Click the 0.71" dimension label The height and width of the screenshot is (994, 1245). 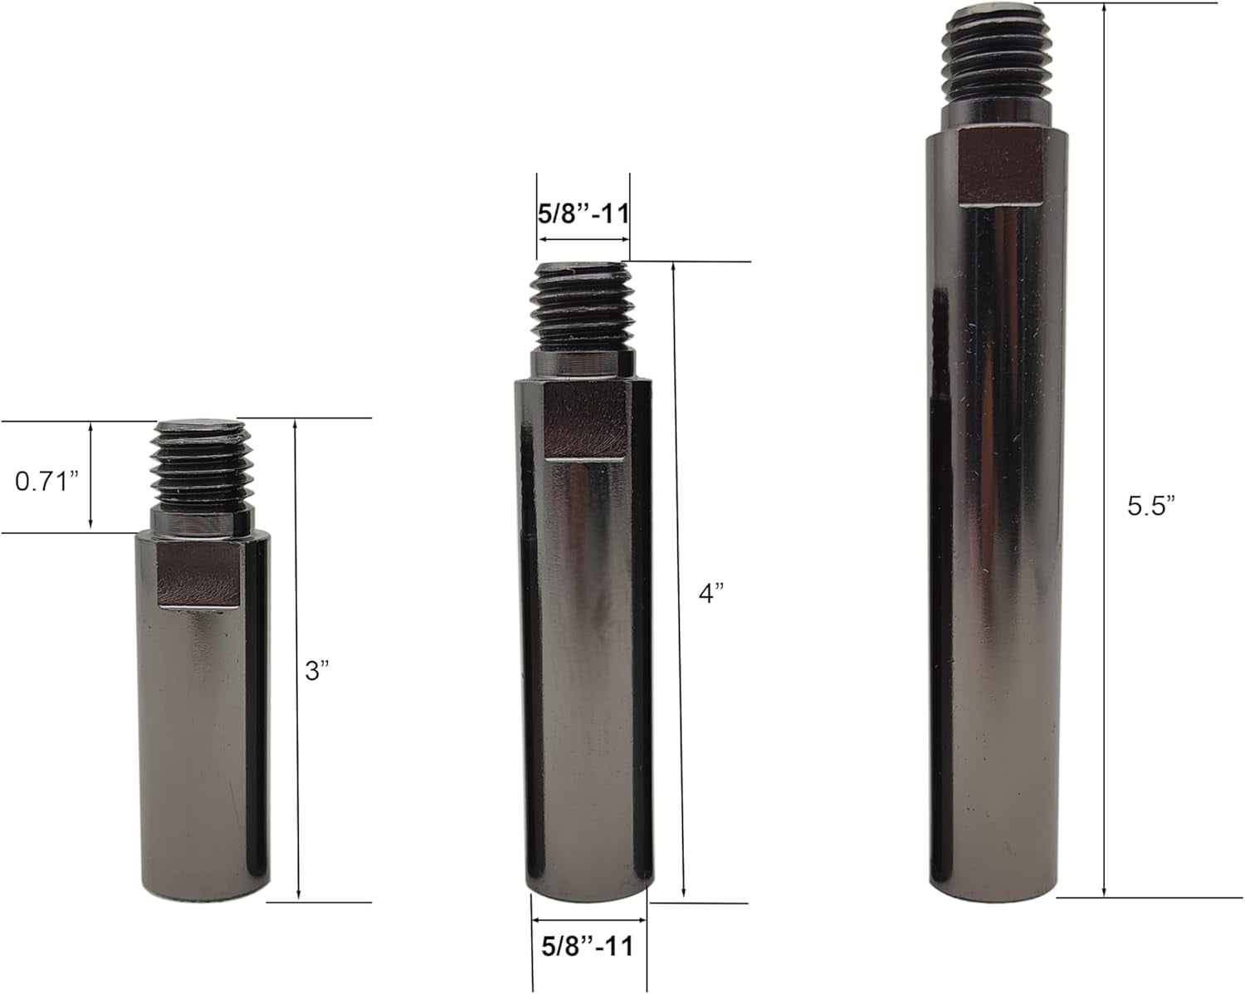pyautogui.click(x=46, y=481)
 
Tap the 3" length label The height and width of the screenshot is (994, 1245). pyautogui.click(x=316, y=671)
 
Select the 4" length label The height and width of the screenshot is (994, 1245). pyautogui.click(x=710, y=594)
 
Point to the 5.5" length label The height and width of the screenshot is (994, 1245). pyautogui.click(x=1151, y=507)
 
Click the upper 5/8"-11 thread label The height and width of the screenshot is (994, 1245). pyautogui.click(x=583, y=213)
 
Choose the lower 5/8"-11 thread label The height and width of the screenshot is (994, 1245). pyautogui.click(x=587, y=946)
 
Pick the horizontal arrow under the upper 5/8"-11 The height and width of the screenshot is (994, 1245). pyautogui.click(x=583, y=238)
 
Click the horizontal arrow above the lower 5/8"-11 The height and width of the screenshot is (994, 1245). pyautogui.click(x=588, y=920)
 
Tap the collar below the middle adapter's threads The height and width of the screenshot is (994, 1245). pyautogui.click(x=583, y=363)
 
